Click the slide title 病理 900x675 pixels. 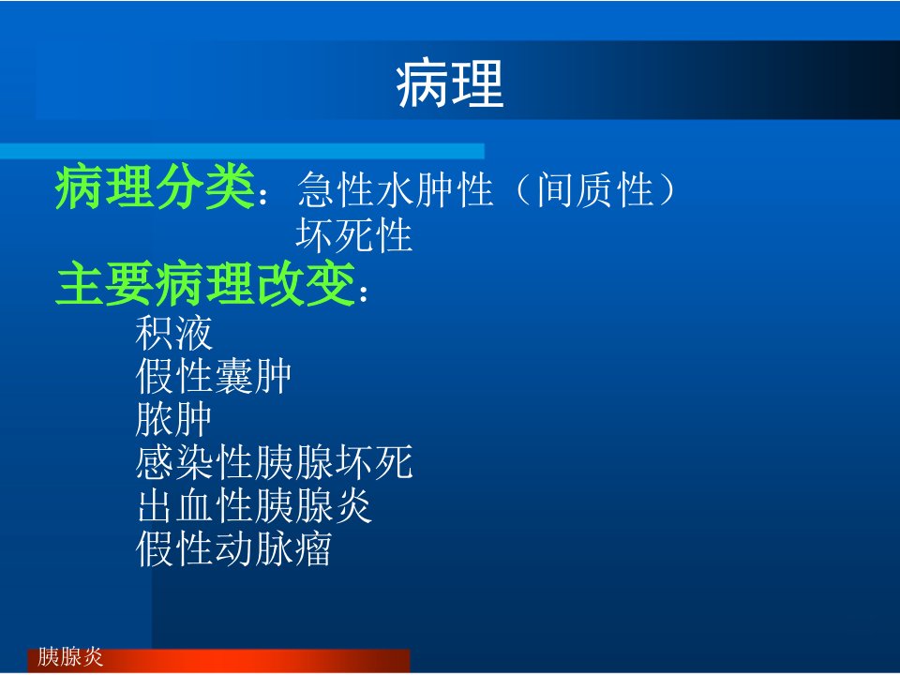click(450, 84)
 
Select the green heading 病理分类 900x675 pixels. click(155, 187)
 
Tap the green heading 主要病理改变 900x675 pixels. click(205, 283)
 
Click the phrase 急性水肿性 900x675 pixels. click(396, 189)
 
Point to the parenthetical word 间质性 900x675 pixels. click(595, 189)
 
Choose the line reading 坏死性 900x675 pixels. click(354, 235)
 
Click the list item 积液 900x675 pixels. click(174, 333)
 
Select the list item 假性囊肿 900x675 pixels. click(214, 377)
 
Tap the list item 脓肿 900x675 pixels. click(174, 420)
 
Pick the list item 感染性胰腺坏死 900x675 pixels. click(275, 462)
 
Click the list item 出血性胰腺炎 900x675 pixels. click(254, 505)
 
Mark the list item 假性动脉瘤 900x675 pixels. click(233, 549)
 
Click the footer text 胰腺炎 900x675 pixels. click(70, 656)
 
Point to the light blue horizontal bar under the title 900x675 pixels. click(242, 152)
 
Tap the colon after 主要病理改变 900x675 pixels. click(363, 292)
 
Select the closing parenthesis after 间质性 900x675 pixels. click(667, 189)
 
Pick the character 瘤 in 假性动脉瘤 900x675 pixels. click(313, 549)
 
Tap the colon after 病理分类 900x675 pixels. click(263, 196)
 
